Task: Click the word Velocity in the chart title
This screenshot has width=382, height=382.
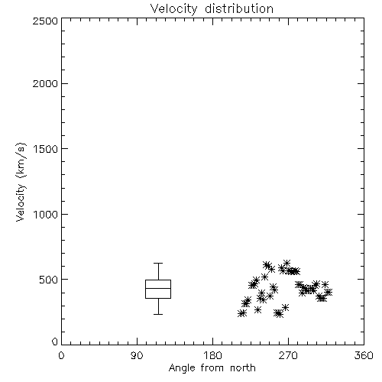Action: [x=174, y=9]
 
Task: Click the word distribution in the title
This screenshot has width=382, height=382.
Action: [x=239, y=8]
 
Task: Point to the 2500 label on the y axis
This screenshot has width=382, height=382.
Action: [x=45, y=21]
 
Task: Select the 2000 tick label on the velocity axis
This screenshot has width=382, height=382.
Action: [x=45, y=83]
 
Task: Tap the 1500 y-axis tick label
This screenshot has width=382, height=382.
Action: [x=46, y=149]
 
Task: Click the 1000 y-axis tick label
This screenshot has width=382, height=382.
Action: [x=46, y=215]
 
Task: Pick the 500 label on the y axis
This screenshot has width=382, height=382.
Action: [x=49, y=280]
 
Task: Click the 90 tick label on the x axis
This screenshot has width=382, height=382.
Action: [x=137, y=355]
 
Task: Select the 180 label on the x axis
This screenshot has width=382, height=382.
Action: [x=212, y=355]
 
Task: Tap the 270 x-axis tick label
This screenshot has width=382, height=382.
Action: [x=288, y=355]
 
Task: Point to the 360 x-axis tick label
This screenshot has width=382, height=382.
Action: [x=364, y=355]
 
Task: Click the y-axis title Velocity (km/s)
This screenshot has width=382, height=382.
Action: [x=21, y=182]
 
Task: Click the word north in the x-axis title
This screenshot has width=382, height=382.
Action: [x=243, y=368]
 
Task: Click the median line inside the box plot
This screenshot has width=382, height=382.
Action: [x=158, y=288]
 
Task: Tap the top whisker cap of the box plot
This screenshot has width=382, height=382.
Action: [x=158, y=263]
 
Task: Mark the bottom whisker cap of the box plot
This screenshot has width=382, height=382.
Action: [x=158, y=314]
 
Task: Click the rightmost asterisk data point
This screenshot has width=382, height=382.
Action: [x=329, y=292]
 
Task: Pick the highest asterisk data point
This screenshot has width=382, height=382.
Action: [x=287, y=263]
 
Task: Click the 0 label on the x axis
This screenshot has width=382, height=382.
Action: [x=61, y=355]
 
